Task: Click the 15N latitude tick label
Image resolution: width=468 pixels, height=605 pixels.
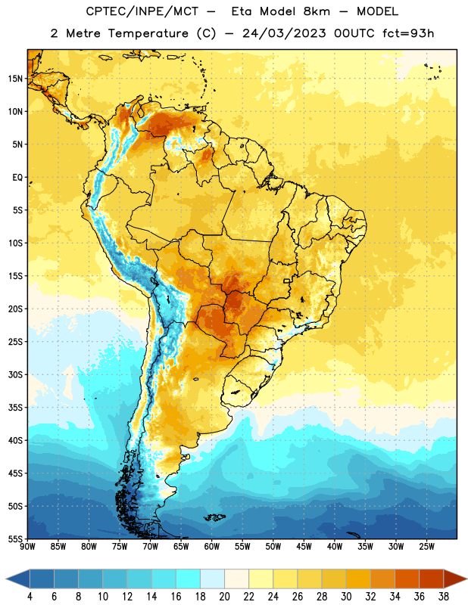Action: tap(15, 79)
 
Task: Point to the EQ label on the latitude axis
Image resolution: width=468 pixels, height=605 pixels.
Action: tap(17, 178)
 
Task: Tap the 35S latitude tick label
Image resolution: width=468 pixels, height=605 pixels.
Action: tap(15, 408)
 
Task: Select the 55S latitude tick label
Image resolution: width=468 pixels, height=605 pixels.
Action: tap(15, 538)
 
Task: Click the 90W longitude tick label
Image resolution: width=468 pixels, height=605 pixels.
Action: tap(27, 547)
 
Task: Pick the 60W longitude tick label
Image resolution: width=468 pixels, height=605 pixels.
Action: tap(212, 547)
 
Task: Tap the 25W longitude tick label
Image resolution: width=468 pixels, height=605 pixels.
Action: tap(426, 547)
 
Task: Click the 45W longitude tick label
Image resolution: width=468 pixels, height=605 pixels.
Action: tap(304, 547)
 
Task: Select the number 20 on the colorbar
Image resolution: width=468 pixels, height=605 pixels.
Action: tap(224, 597)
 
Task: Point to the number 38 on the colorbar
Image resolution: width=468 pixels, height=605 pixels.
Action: tap(443, 597)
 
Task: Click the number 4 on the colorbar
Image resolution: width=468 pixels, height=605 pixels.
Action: tap(30, 597)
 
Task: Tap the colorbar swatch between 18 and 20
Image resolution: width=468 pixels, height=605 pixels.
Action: tap(213, 579)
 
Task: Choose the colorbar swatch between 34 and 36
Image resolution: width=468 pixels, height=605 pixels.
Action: tap(407, 579)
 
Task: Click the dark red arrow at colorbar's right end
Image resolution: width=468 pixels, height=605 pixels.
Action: tap(454, 579)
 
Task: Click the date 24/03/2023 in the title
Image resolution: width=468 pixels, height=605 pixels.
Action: tap(285, 33)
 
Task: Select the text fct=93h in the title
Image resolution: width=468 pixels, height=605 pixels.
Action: tap(408, 33)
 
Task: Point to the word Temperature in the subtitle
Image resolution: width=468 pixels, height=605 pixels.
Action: tap(148, 33)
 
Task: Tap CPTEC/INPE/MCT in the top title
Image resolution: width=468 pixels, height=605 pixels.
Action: tap(142, 11)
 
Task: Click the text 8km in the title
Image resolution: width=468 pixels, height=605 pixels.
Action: tap(317, 11)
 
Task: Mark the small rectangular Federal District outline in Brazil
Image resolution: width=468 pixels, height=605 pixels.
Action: tap(287, 281)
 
